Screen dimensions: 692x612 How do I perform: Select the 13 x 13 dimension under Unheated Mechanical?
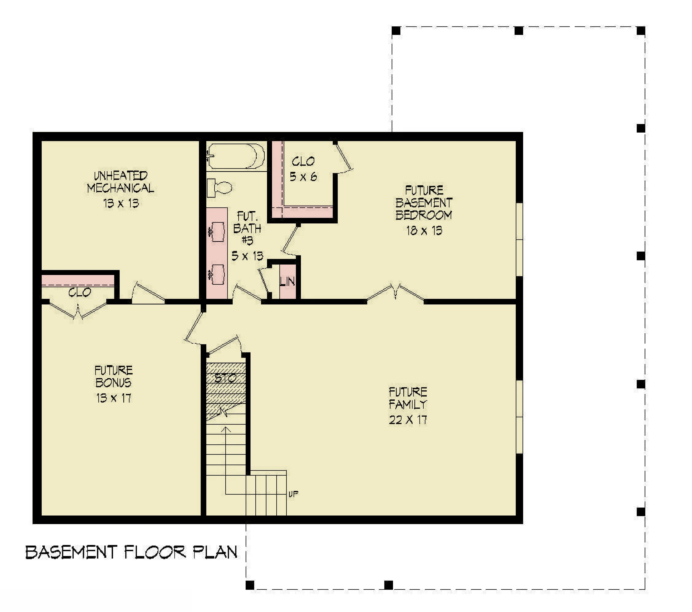(121, 203)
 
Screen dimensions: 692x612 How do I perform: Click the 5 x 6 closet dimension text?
(303, 177)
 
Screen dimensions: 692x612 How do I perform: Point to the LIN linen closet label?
(287, 281)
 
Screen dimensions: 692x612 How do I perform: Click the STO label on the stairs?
(226, 378)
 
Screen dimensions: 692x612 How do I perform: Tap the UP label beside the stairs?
(293, 494)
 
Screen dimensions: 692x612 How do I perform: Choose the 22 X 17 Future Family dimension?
(408, 420)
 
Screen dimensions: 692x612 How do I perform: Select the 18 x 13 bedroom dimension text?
(424, 231)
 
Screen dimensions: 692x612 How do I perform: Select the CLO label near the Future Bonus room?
(80, 292)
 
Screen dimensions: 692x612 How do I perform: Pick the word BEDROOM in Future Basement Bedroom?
(424, 215)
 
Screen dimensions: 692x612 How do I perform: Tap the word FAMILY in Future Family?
(408, 404)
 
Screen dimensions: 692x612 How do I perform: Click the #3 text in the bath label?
(247, 241)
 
